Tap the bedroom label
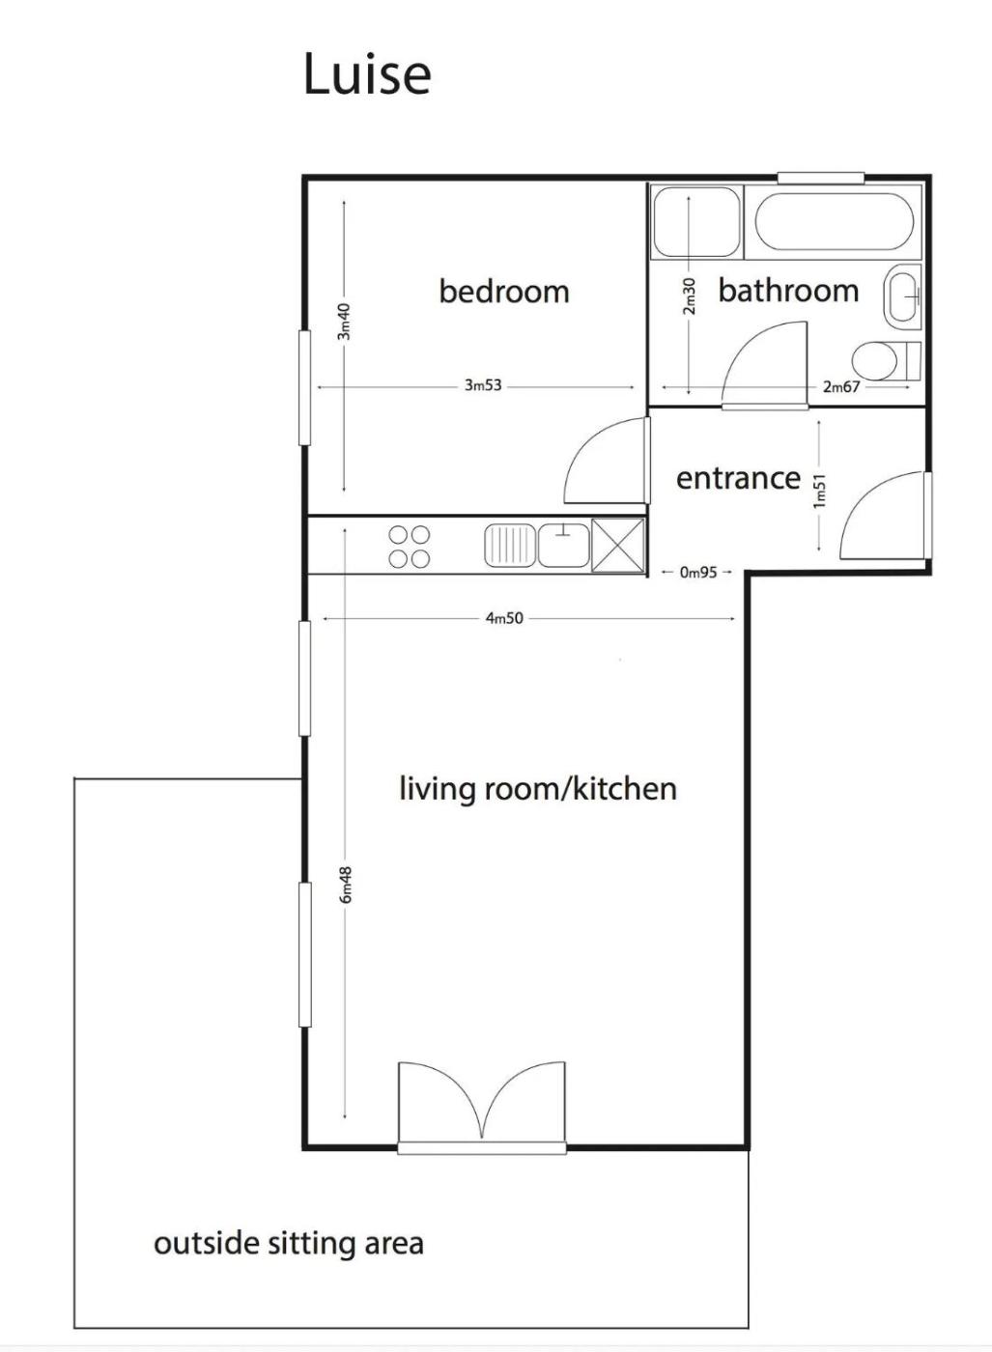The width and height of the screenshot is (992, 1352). pyautogui.click(x=504, y=291)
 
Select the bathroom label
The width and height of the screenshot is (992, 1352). pyautogui.click(x=788, y=291)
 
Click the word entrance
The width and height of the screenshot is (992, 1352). pyautogui.click(x=738, y=478)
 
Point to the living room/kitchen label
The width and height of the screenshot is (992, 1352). pyautogui.click(x=538, y=788)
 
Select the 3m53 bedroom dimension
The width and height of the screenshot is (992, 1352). pyautogui.click(x=483, y=385)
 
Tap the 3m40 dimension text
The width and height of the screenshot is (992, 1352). pyautogui.click(x=344, y=321)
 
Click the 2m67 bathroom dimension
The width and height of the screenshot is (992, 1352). pyautogui.click(x=841, y=386)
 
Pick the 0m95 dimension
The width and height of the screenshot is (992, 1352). pyautogui.click(x=698, y=572)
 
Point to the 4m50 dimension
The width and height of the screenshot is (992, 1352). pyautogui.click(x=505, y=618)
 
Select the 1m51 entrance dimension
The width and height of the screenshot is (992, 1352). pyautogui.click(x=819, y=491)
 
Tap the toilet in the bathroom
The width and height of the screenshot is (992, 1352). pyautogui.click(x=887, y=361)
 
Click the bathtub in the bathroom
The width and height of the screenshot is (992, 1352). pyautogui.click(x=834, y=221)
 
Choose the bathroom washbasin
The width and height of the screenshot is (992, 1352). pyautogui.click(x=903, y=297)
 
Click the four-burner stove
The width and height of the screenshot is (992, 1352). pyautogui.click(x=409, y=547)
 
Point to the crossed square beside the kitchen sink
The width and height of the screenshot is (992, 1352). pyautogui.click(x=617, y=545)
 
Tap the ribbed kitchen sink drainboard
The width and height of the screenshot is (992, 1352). pyautogui.click(x=510, y=546)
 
